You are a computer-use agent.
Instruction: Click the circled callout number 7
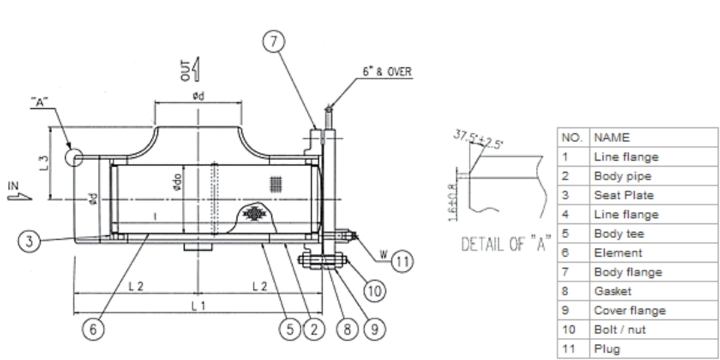274,41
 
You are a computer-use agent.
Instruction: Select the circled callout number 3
28,242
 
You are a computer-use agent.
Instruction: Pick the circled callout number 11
403,261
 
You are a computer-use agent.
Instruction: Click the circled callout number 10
374,291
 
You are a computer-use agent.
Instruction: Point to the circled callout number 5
290,329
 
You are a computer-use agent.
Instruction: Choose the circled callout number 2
313,329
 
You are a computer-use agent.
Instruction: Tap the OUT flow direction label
186,70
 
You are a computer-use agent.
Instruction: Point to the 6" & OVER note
387,72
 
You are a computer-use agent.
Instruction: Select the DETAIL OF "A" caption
505,244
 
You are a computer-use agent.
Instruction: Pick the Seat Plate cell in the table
624,195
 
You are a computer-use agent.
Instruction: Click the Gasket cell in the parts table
613,291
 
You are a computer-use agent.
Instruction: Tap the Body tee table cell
619,233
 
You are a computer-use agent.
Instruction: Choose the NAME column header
612,137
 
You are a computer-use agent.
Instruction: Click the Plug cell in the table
607,349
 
